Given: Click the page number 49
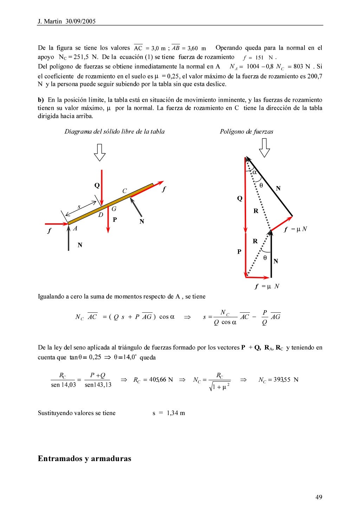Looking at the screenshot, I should tap(319, 497).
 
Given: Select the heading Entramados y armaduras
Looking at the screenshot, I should tap(84, 459).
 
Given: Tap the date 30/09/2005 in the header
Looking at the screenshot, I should tap(81, 21).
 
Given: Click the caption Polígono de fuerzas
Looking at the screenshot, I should tap(246, 132).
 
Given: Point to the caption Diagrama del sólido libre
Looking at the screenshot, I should tap(114, 132).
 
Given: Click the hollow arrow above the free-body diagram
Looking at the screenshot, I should tap(100, 152).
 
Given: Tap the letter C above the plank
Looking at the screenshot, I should tap(124, 191).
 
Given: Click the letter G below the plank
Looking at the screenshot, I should tap(114, 209).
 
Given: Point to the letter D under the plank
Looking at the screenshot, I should tap(101, 215).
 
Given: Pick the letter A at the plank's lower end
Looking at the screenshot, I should tap(75, 229).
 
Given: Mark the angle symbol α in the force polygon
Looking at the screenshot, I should tap(255, 172).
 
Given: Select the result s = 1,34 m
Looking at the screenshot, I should tap(168, 413).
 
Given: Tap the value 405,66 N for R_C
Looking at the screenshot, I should tap(161, 380).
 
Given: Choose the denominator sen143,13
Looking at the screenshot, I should tap(98, 385).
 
